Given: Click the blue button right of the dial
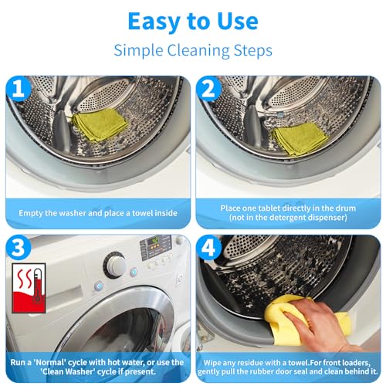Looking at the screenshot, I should click(132, 272).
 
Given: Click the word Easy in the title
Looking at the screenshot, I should click(156, 21).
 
